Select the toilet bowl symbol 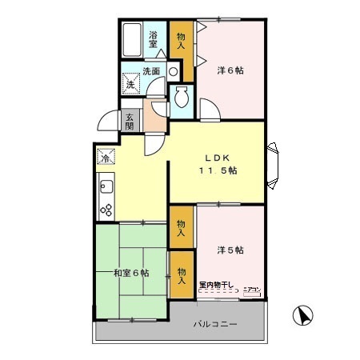[182, 98]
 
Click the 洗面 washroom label [152, 72]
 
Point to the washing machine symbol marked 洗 [130, 83]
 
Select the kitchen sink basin [106, 190]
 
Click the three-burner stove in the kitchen [105, 210]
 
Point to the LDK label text [217, 157]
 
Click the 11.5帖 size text [218, 170]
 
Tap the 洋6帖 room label [230, 70]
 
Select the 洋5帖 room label [230, 250]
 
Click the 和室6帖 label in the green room [130, 274]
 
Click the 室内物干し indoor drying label [217, 285]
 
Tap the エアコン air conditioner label [251, 290]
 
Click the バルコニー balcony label [214, 325]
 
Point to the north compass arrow [303, 317]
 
